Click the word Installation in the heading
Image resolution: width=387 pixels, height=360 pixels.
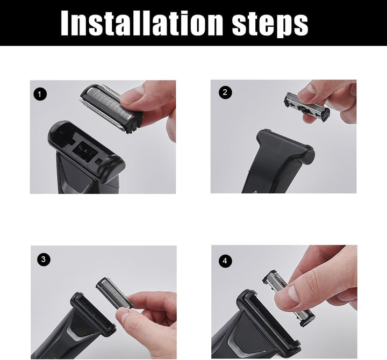coord(144,23)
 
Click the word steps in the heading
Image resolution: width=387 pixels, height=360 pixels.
coord(270,25)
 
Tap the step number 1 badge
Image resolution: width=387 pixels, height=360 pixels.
coord(40,94)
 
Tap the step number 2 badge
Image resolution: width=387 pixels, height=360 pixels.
coord(225,92)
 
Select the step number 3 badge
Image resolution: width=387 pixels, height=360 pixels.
coord(44,260)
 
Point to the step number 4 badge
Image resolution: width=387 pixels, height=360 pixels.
coord(225,261)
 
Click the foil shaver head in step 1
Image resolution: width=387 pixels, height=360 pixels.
coord(112,107)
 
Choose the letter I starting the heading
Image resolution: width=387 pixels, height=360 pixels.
coord(65,23)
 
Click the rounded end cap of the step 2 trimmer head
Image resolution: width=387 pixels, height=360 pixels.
coord(309,154)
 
